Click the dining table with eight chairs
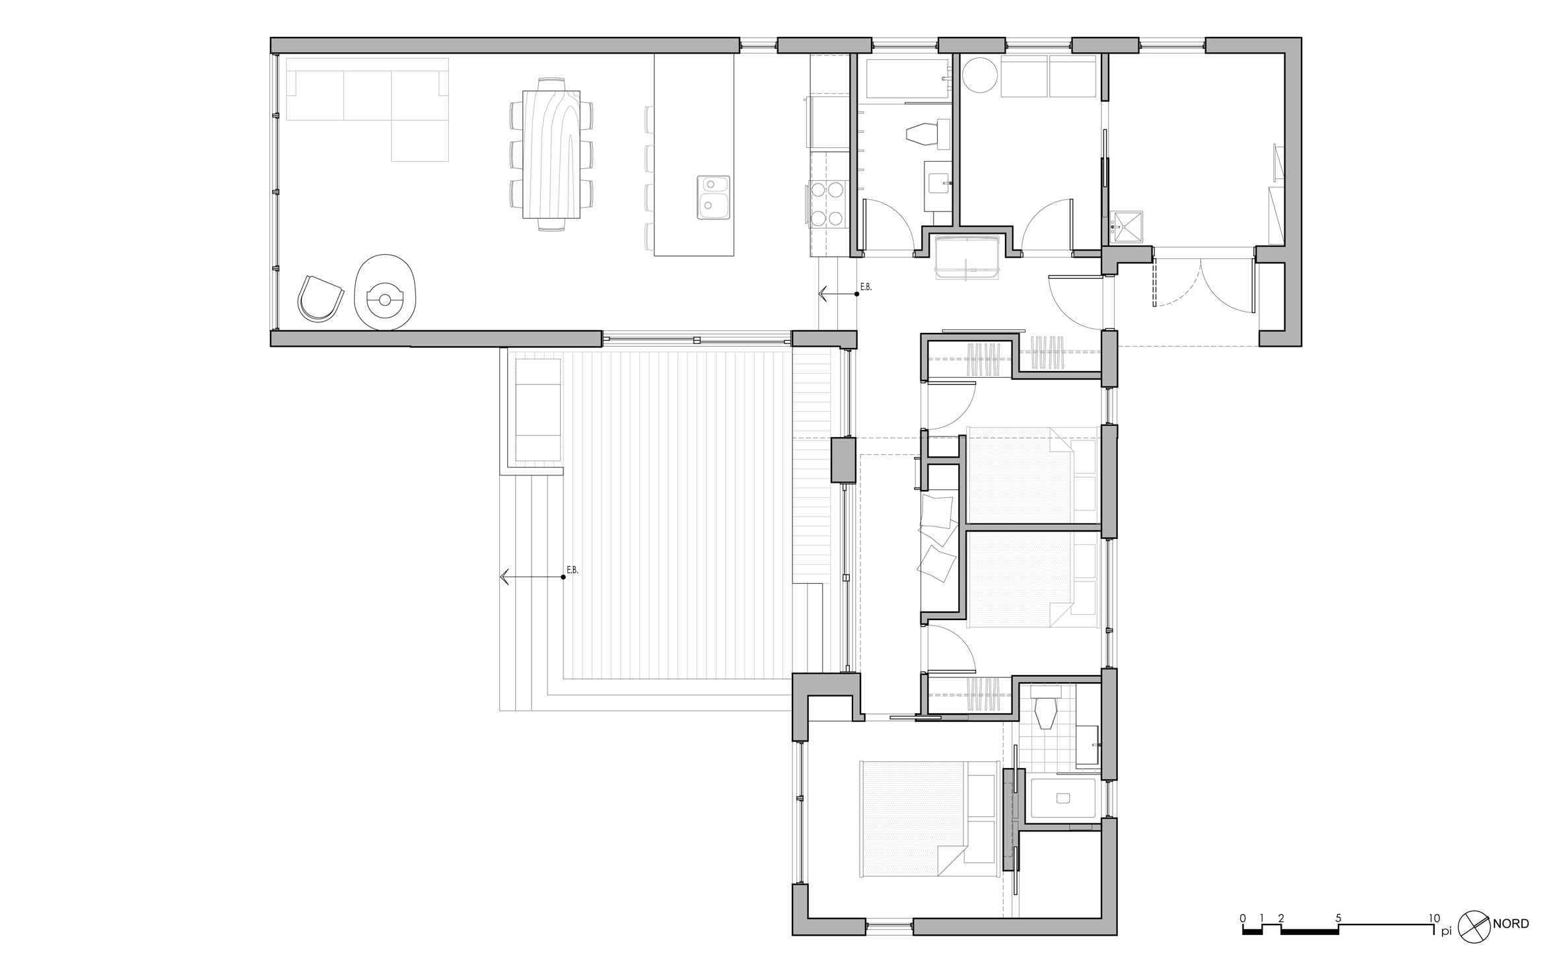tap(551, 155)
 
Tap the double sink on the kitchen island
tap(713, 197)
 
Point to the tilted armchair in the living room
tap(320, 299)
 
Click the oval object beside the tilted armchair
tap(385, 292)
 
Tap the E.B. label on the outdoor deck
tap(572, 570)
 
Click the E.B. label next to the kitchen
tap(866, 287)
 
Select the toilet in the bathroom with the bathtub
tap(929, 135)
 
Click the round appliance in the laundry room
tap(980, 75)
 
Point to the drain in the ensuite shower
tap(1062, 798)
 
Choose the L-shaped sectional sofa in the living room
tap(367, 109)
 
